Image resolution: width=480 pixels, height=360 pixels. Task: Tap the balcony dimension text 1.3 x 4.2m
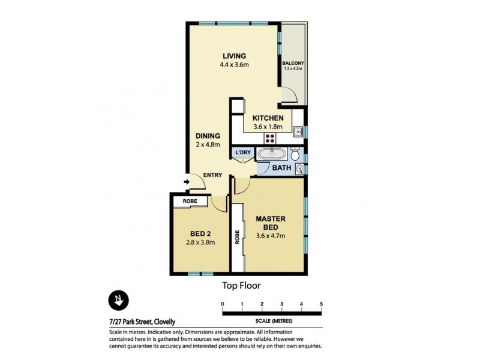point(293,69)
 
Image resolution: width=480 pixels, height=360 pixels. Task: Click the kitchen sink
point(298,130)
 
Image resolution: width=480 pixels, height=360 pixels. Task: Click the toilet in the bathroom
point(296,152)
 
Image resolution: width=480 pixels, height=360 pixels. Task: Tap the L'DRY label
point(243,153)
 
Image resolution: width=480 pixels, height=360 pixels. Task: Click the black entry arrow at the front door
point(187,182)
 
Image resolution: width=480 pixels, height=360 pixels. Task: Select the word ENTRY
point(212,175)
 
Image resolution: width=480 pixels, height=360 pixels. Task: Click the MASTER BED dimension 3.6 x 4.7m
point(271,235)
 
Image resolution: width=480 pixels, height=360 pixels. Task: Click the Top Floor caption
point(241,286)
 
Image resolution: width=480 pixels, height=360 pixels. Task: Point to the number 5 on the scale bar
point(322,304)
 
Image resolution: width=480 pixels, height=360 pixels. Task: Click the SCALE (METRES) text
point(272,318)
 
